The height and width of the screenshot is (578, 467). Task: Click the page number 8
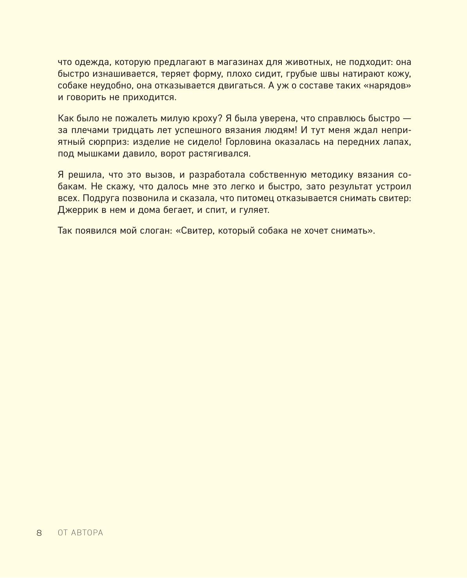(39, 533)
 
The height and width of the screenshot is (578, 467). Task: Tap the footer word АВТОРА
(87, 533)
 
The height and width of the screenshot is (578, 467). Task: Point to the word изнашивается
(117, 74)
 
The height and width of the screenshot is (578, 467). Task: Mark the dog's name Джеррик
(76, 210)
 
